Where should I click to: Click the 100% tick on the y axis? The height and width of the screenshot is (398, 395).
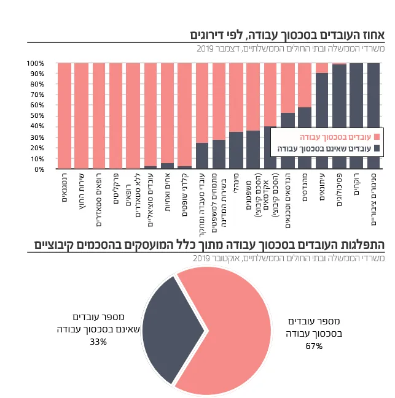[36, 63]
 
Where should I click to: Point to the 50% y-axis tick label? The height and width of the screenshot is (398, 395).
[37, 116]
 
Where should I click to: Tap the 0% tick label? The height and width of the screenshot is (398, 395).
[39, 169]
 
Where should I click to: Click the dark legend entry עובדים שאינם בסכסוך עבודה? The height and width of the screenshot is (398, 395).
[326, 148]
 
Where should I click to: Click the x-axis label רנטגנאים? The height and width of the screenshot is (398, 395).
[65, 187]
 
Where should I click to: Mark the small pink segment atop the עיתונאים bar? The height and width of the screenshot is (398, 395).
[322, 67]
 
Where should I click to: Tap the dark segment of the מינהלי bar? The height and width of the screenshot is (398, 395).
[236, 150]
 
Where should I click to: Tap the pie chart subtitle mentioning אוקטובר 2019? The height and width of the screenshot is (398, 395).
[289, 259]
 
